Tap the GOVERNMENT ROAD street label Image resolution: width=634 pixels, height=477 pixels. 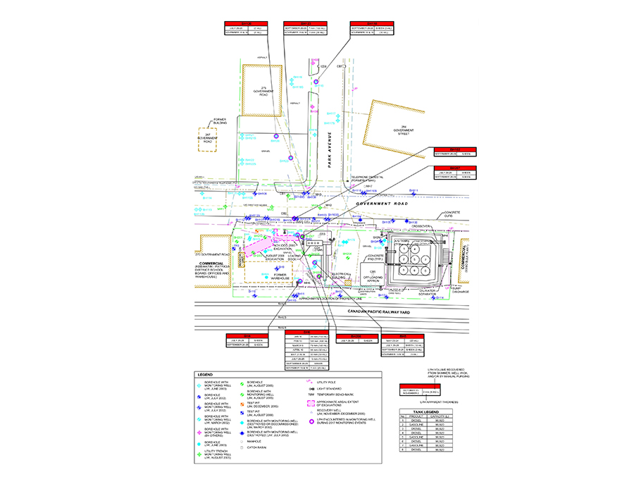pyautogui.click(x=383, y=204)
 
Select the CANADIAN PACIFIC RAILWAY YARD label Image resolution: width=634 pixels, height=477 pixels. pyautogui.click(x=387, y=309)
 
